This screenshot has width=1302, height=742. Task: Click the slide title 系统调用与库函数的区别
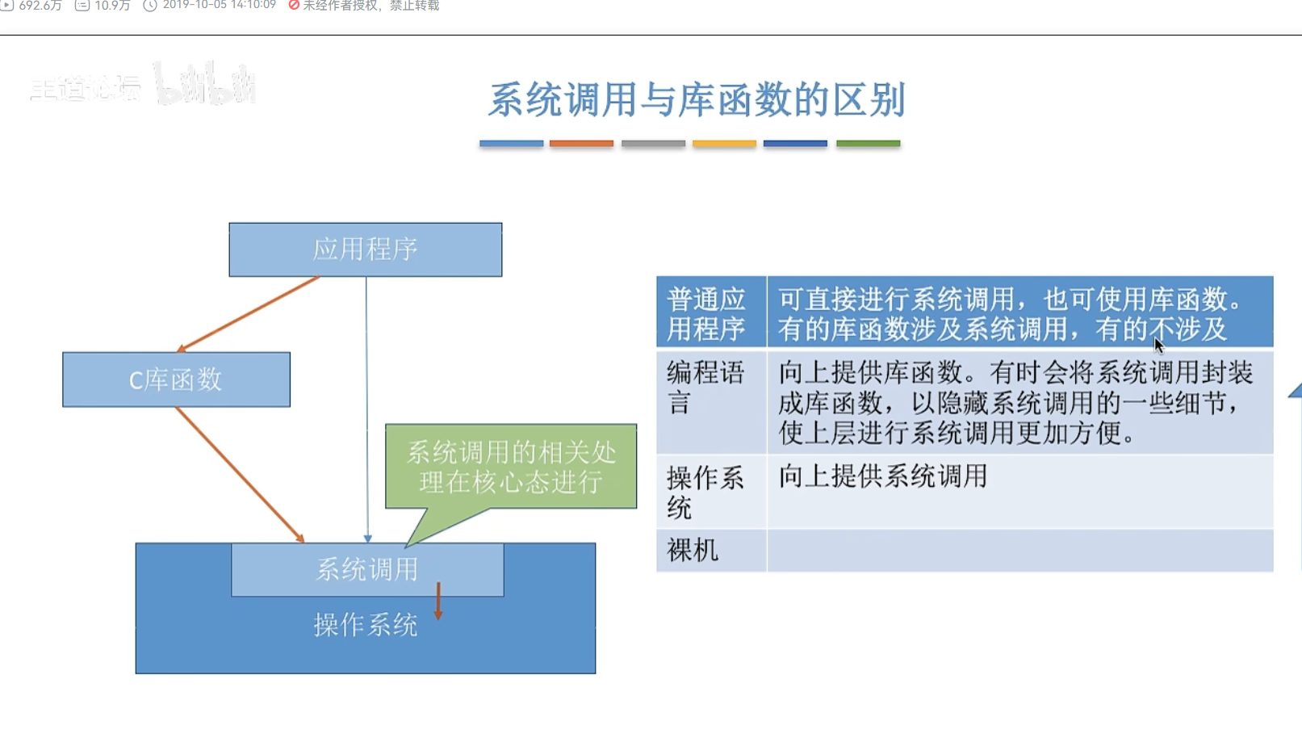696,100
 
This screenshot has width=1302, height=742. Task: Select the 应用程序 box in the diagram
365,249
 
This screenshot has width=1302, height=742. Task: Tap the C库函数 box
176,379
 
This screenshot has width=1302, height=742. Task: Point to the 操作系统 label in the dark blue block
365,625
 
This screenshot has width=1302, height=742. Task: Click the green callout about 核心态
510,467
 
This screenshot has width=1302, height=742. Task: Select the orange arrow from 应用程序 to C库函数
249,313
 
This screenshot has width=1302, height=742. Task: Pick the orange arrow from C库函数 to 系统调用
239,474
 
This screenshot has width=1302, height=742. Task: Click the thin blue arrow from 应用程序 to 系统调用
366,404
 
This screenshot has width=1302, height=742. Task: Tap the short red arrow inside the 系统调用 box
438,601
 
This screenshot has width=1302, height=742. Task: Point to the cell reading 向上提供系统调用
883,476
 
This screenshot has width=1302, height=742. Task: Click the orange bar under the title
581,144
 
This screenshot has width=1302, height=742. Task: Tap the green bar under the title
868,144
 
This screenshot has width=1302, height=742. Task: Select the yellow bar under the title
724,144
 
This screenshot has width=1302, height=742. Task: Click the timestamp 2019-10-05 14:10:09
219,6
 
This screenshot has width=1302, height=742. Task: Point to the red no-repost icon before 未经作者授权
294,6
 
